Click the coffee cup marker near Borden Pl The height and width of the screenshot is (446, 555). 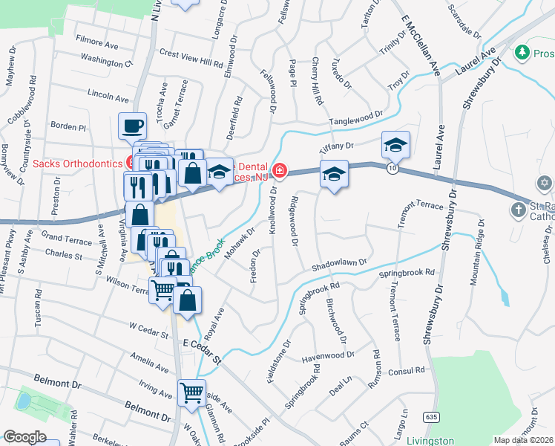(133, 126)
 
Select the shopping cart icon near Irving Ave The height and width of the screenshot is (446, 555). (192, 392)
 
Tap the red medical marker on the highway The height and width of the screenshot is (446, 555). (279, 171)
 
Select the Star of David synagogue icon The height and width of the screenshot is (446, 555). (544, 183)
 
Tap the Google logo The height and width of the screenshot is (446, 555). (24, 437)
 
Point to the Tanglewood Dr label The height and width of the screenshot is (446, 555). (357, 117)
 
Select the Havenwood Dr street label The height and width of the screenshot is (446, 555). (329, 358)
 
